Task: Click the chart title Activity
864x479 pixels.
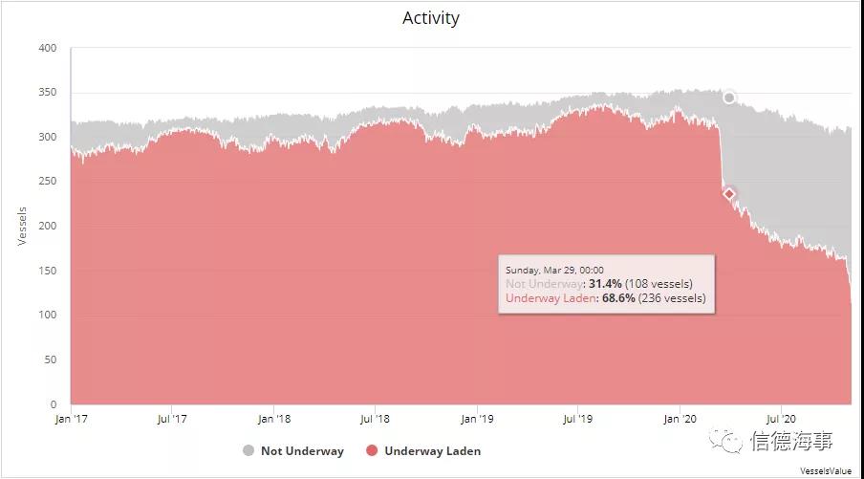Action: coord(430,18)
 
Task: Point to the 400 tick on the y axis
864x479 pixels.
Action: coord(48,48)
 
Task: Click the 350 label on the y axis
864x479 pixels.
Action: coord(48,93)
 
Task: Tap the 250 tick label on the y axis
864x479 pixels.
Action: coord(48,182)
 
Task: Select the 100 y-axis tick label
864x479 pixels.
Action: coord(48,316)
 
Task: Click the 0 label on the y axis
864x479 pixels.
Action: coord(54,404)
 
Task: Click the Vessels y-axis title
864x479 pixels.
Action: coord(22,226)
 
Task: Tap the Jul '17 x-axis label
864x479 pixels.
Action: coord(172,419)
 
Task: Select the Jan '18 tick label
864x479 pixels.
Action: coord(275,419)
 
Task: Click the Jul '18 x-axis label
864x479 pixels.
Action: coord(376,419)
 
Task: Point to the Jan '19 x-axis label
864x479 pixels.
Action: coord(478,419)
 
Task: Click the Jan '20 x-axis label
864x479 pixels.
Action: coord(680,419)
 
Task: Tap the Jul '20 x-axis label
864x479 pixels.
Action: coord(782,419)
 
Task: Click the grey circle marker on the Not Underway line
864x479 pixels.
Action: coord(729,98)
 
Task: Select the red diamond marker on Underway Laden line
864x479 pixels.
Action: coord(729,194)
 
